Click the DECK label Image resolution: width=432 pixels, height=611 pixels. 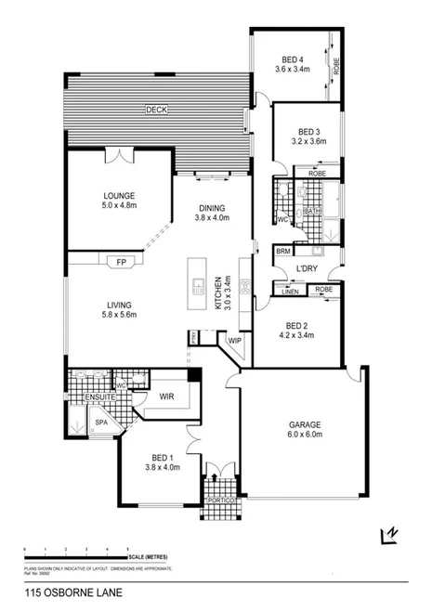point(156,110)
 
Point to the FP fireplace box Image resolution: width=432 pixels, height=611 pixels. point(120,261)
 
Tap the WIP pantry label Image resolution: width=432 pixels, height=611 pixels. point(234,341)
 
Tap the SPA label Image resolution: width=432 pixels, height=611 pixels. point(102,422)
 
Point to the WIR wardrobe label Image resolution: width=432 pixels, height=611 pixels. point(167,396)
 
